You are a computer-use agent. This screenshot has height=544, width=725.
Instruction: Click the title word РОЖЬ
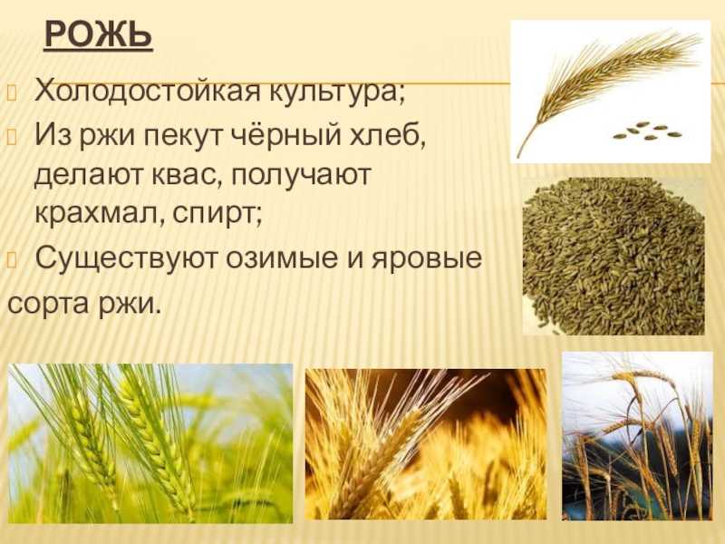point(99,34)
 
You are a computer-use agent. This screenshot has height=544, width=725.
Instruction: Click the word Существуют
point(126,258)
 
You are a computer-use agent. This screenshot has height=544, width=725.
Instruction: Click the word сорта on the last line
point(48,305)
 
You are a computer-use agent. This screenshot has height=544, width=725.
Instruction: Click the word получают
point(301,176)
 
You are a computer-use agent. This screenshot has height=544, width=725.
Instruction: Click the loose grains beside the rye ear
point(647,131)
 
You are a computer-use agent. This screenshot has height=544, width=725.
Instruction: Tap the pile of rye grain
point(614,256)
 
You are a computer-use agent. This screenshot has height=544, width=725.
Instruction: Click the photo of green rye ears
point(150,443)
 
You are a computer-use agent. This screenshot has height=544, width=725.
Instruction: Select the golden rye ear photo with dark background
point(425,443)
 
